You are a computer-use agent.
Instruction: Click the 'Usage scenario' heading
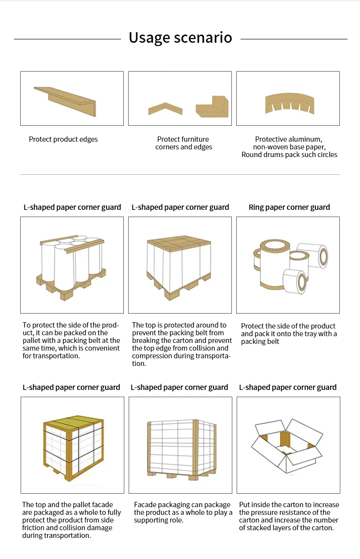(180, 37)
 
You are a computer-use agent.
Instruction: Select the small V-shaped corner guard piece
(165, 109)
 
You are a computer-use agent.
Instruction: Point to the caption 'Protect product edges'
(63, 139)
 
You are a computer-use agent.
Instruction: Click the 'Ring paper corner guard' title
(289, 207)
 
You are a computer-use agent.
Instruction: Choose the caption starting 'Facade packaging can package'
(183, 512)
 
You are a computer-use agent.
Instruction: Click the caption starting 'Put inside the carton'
(288, 516)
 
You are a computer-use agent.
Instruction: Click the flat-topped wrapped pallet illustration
(179, 265)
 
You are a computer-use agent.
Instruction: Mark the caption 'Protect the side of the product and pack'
(288, 333)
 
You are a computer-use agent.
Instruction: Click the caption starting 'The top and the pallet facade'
(71, 520)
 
